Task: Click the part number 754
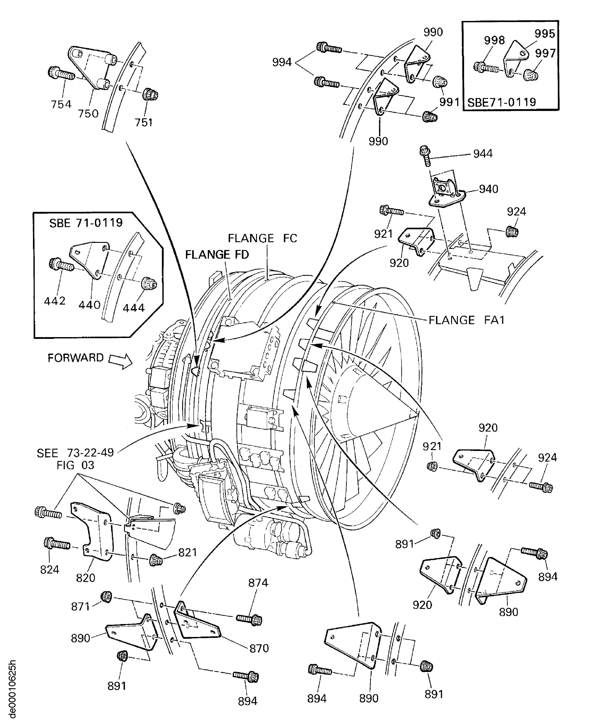click(61, 104)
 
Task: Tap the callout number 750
click(88, 113)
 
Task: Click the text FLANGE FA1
click(466, 320)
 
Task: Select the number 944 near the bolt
click(483, 154)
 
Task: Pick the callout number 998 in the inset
click(494, 40)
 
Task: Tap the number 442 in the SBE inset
click(55, 301)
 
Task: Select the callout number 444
click(134, 308)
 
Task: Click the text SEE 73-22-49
click(75, 453)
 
